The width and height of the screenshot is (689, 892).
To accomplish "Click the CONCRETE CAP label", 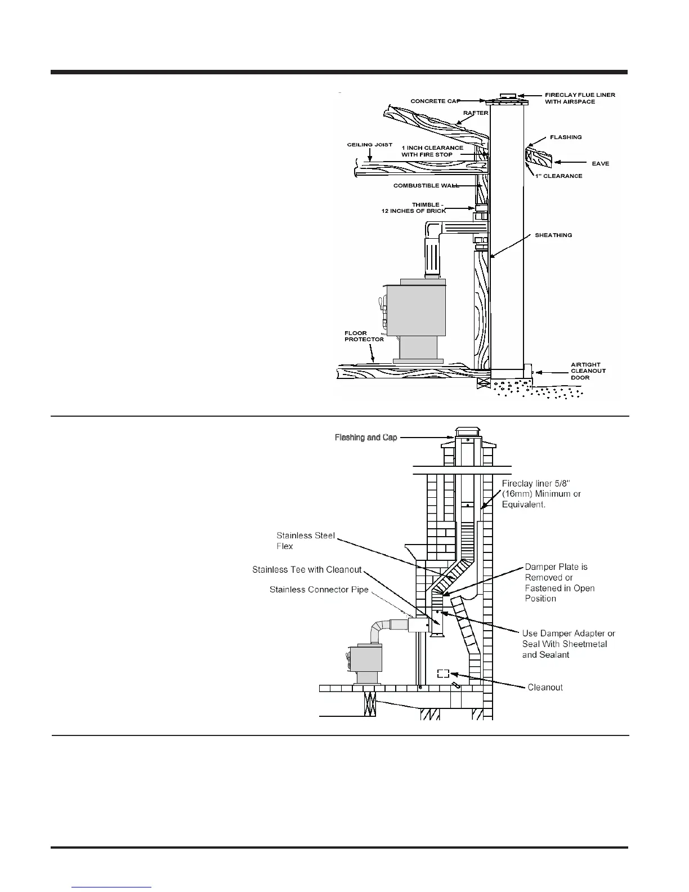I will click(435, 101).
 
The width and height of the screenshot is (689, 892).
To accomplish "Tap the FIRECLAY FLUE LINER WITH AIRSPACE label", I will click(580, 98).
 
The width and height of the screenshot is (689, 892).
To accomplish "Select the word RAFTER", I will click(476, 113).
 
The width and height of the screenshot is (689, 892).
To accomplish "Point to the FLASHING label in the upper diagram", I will click(566, 137).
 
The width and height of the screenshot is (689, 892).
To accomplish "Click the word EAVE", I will click(600, 164).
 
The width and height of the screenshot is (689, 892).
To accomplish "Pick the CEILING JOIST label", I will click(369, 145).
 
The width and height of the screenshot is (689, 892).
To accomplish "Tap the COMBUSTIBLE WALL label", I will click(426, 185).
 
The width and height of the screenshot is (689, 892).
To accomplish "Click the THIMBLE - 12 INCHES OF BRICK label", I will click(414, 208).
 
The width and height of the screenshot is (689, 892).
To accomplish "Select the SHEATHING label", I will click(553, 235).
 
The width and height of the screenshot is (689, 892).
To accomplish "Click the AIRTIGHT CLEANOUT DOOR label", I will click(588, 371).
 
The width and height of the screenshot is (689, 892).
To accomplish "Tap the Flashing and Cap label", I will click(366, 438).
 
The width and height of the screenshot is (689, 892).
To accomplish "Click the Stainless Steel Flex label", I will click(306, 541).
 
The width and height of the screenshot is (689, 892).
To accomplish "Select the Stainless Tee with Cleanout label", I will click(307, 570).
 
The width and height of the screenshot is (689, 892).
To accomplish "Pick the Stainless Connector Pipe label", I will click(319, 590).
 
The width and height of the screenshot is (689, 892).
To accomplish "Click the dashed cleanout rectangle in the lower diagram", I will click(443, 674).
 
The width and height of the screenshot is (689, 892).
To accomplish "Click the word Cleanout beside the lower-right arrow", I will click(545, 688).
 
